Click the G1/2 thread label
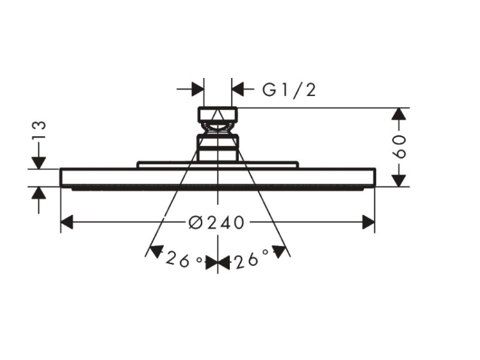289,90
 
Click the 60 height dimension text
399,146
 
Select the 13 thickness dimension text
39,130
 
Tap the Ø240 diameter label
217,223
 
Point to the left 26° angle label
184,260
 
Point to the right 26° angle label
252,259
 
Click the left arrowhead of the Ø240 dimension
67,222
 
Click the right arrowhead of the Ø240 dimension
368,222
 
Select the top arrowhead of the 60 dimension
399,114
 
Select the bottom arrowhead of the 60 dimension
399,180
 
